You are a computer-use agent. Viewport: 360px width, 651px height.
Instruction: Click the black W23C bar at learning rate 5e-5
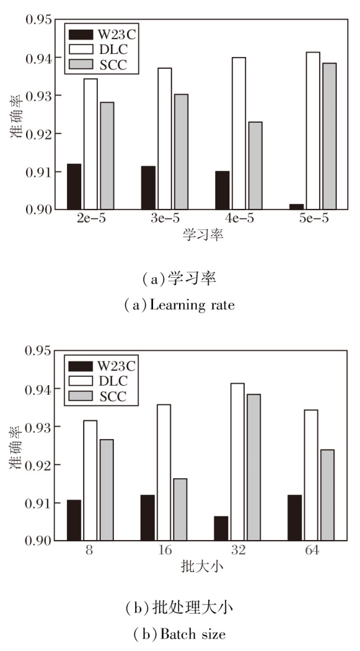[297, 207]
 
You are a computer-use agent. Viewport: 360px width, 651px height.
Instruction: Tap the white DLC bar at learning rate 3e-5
[164, 139]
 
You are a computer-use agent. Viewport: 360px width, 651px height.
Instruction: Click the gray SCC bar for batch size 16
[180, 510]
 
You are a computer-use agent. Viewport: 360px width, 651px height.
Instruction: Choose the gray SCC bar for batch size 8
[107, 490]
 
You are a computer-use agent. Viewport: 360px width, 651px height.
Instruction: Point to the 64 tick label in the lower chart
[312, 551]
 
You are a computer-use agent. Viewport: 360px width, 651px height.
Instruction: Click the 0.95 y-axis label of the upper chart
[37, 20]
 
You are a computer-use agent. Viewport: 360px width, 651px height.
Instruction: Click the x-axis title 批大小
[202, 566]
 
